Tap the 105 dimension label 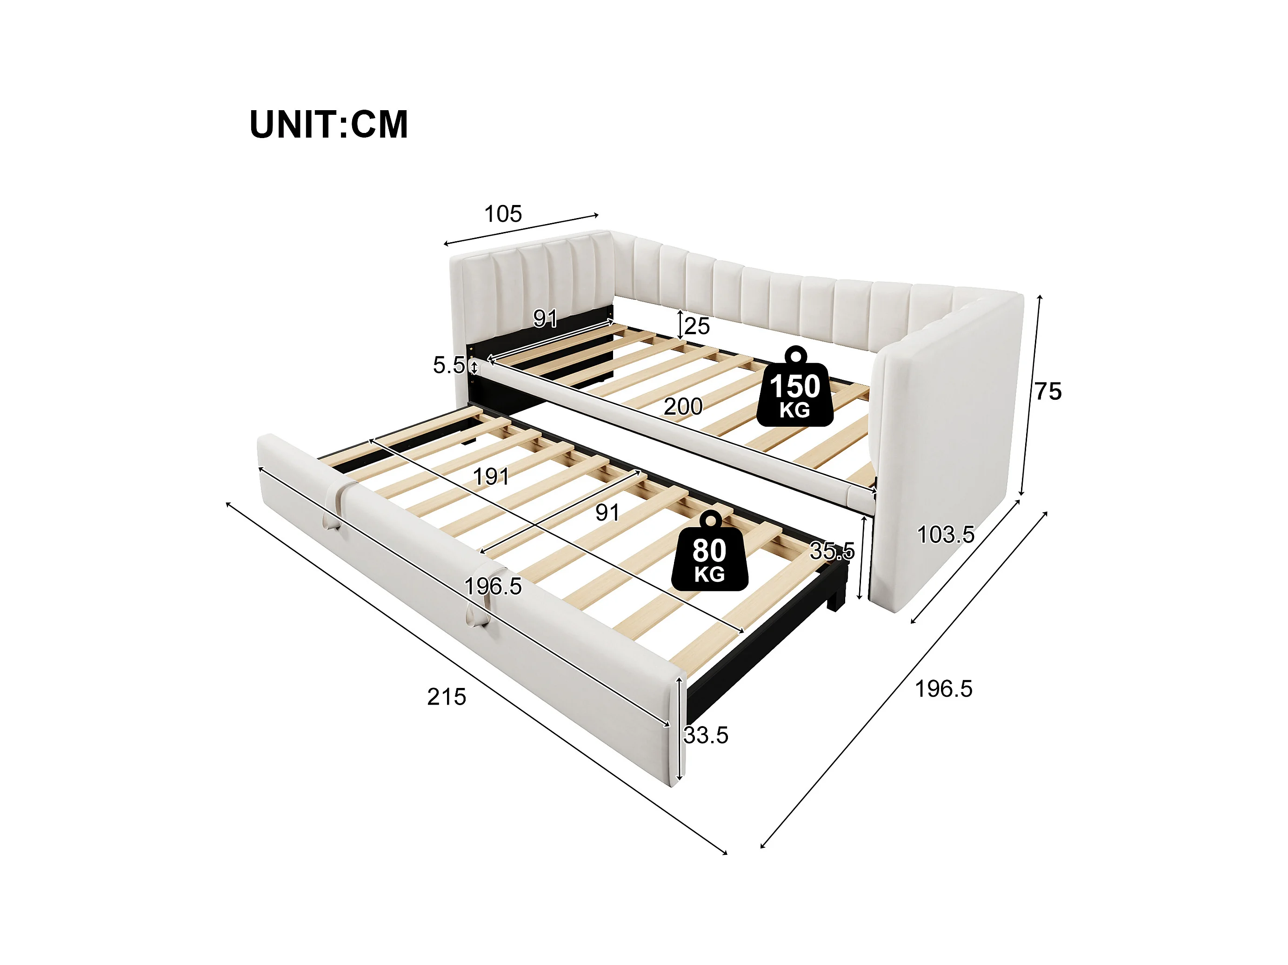coord(503,214)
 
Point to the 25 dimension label coord(697,326)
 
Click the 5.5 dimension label coord(448,365)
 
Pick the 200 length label coord(683,406)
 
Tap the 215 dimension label coord(447,697)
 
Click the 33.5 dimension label coord(706,735)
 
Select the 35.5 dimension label coord(832,550)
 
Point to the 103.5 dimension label coord(946,534)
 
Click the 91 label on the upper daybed coord(546,318)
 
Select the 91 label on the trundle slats coord(607,512)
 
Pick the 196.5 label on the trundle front coord(493,586)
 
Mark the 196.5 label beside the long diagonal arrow coord(943,688)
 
